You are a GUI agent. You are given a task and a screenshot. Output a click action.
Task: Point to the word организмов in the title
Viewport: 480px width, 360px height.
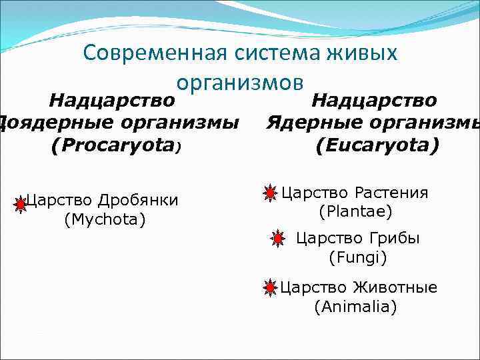click(240, 82)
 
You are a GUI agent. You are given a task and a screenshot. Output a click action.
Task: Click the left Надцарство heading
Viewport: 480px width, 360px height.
click(113, 101)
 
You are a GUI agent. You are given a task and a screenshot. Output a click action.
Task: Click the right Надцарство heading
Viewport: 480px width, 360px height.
click(374, 101)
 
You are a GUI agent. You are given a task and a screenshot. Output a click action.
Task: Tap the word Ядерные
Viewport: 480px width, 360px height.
click(311, 123)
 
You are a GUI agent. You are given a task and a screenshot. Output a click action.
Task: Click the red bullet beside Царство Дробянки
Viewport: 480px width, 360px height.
click(20, 203)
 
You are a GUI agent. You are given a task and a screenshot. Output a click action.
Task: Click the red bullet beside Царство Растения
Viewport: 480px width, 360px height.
click(269, 194)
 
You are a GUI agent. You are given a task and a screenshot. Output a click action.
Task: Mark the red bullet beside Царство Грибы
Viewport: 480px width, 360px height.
click(278, 239)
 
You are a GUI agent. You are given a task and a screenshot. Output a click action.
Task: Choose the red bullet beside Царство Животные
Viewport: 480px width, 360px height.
click(269, 288)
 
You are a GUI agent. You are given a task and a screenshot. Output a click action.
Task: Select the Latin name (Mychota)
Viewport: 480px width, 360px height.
click(105, 219)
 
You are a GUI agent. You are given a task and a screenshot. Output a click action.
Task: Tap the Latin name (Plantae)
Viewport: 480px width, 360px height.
click(355, 212)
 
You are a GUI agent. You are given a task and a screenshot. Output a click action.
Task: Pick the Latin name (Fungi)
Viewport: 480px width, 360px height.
click(357, 257)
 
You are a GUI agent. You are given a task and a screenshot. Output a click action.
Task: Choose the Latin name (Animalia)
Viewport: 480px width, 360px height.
click(355, 307)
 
